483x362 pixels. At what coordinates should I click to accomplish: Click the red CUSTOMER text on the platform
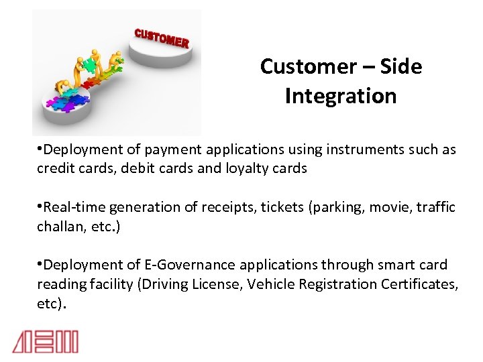point(162,38)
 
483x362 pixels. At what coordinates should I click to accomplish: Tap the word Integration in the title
point(340,96)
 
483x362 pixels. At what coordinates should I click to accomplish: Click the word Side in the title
point(400,66)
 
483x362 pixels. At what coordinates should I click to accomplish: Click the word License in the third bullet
point(217,284)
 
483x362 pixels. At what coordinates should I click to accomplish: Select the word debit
point(141,169)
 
